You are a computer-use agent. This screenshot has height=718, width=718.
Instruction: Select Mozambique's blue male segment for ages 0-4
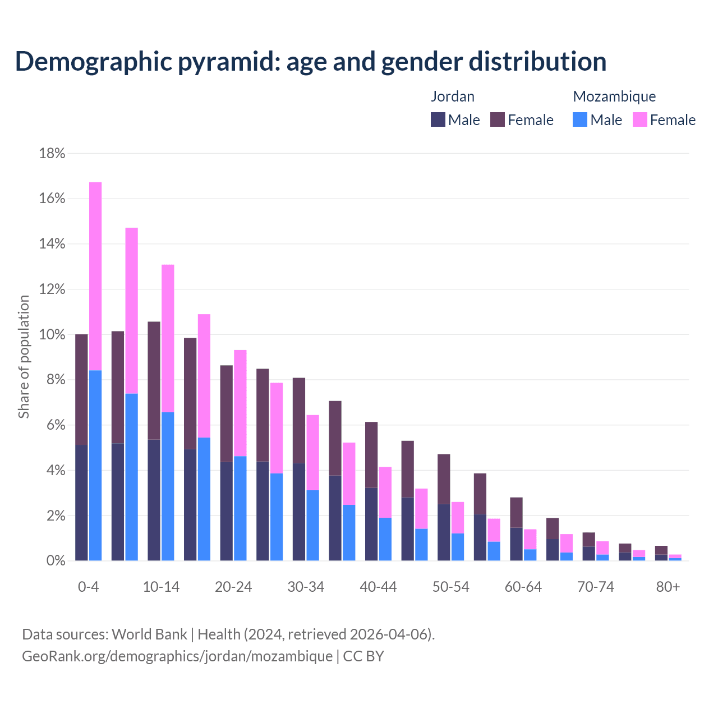95,466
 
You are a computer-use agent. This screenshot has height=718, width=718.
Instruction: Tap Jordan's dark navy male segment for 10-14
154,500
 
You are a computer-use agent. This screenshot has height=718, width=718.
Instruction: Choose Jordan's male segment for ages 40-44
371,524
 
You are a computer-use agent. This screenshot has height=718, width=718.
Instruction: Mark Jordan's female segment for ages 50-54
444,479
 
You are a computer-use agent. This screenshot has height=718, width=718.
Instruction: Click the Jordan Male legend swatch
438,119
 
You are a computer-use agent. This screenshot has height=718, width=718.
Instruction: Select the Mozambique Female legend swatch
639,119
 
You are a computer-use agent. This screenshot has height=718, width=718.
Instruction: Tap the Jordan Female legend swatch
498,119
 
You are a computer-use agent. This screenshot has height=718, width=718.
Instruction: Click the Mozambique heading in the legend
614,96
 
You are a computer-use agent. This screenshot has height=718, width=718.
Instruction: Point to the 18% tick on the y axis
52,154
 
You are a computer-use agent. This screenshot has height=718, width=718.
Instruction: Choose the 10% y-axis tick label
52,335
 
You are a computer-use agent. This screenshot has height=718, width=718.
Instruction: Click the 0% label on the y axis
56,561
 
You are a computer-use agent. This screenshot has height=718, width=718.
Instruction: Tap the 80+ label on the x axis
668,587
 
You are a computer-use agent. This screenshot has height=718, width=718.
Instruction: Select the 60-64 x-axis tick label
523,587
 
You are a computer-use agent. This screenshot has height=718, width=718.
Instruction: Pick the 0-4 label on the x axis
89,587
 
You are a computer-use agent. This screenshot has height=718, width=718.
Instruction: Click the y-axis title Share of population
24,357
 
